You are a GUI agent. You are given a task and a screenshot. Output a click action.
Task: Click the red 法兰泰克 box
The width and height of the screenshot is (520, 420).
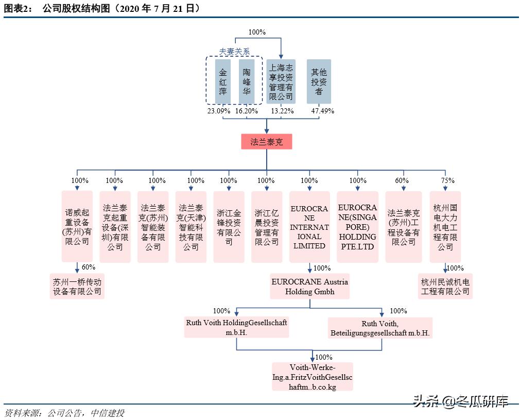[266, 142]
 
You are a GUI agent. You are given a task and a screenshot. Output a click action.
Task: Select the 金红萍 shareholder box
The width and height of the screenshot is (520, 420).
[223, 81]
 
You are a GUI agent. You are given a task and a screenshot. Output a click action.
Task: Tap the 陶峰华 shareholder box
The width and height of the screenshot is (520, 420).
[247, 81]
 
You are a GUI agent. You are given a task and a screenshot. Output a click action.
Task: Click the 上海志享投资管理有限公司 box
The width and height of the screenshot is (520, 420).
[281, 81]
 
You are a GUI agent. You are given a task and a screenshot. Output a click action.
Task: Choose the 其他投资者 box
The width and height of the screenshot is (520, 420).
[319, 81]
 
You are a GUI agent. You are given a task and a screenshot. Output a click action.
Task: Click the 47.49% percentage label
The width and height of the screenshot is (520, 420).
[323, 111]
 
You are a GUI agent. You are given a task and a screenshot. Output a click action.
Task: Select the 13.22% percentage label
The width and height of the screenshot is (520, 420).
[282, 111]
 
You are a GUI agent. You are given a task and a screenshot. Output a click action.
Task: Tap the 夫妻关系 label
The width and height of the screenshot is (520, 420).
[234, 52]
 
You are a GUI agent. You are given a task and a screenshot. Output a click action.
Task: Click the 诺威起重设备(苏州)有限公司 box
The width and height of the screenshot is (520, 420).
[77, 226]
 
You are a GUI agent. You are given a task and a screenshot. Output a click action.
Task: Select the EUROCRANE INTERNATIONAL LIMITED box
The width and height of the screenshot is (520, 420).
[309, 227]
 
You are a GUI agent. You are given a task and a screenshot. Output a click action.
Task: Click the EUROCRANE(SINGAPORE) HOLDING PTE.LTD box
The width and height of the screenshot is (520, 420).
[357, 227]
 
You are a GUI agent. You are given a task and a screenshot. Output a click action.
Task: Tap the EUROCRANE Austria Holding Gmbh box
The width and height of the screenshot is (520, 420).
[310, 287]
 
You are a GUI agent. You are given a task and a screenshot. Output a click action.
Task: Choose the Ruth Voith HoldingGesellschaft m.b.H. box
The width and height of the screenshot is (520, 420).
[236, 327]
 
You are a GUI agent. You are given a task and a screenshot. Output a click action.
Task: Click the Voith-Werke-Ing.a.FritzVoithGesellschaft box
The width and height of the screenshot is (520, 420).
[313, 377]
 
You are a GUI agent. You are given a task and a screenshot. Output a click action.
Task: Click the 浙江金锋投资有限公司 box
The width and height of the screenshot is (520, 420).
[229, 227]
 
